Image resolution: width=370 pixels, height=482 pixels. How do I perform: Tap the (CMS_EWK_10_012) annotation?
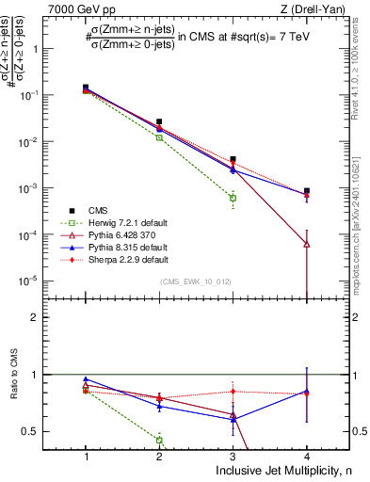195,281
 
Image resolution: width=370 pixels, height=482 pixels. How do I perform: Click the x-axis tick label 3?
233,456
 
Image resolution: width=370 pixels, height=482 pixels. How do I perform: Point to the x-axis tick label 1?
86,456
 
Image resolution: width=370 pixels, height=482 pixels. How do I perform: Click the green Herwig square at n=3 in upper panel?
233,199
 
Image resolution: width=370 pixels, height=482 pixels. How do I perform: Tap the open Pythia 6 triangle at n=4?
306,244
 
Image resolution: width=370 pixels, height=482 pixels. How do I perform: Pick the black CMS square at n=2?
159,122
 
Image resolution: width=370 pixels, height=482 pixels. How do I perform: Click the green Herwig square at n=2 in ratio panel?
159,440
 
